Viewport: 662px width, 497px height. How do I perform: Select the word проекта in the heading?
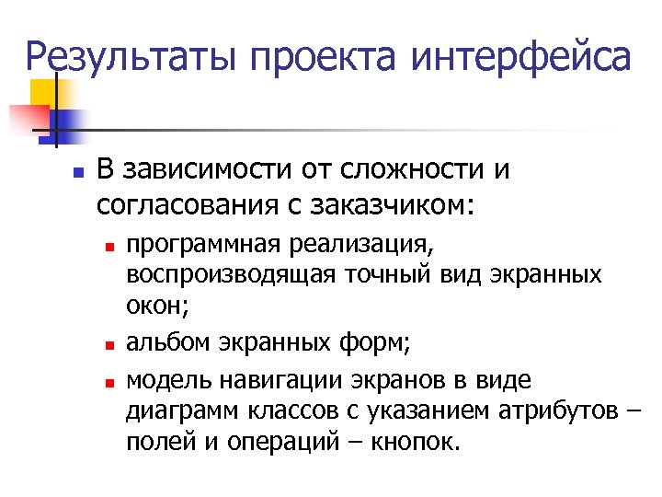pyautogui.click(x=326, y=56)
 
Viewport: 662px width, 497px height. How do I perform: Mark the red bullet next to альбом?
pyautogui.click(x=108, y=346)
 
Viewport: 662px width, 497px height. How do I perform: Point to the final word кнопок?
pyautogui.click(x=411, y=442)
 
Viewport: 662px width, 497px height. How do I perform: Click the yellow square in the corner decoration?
pyautogui.click(x=44, y=92)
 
